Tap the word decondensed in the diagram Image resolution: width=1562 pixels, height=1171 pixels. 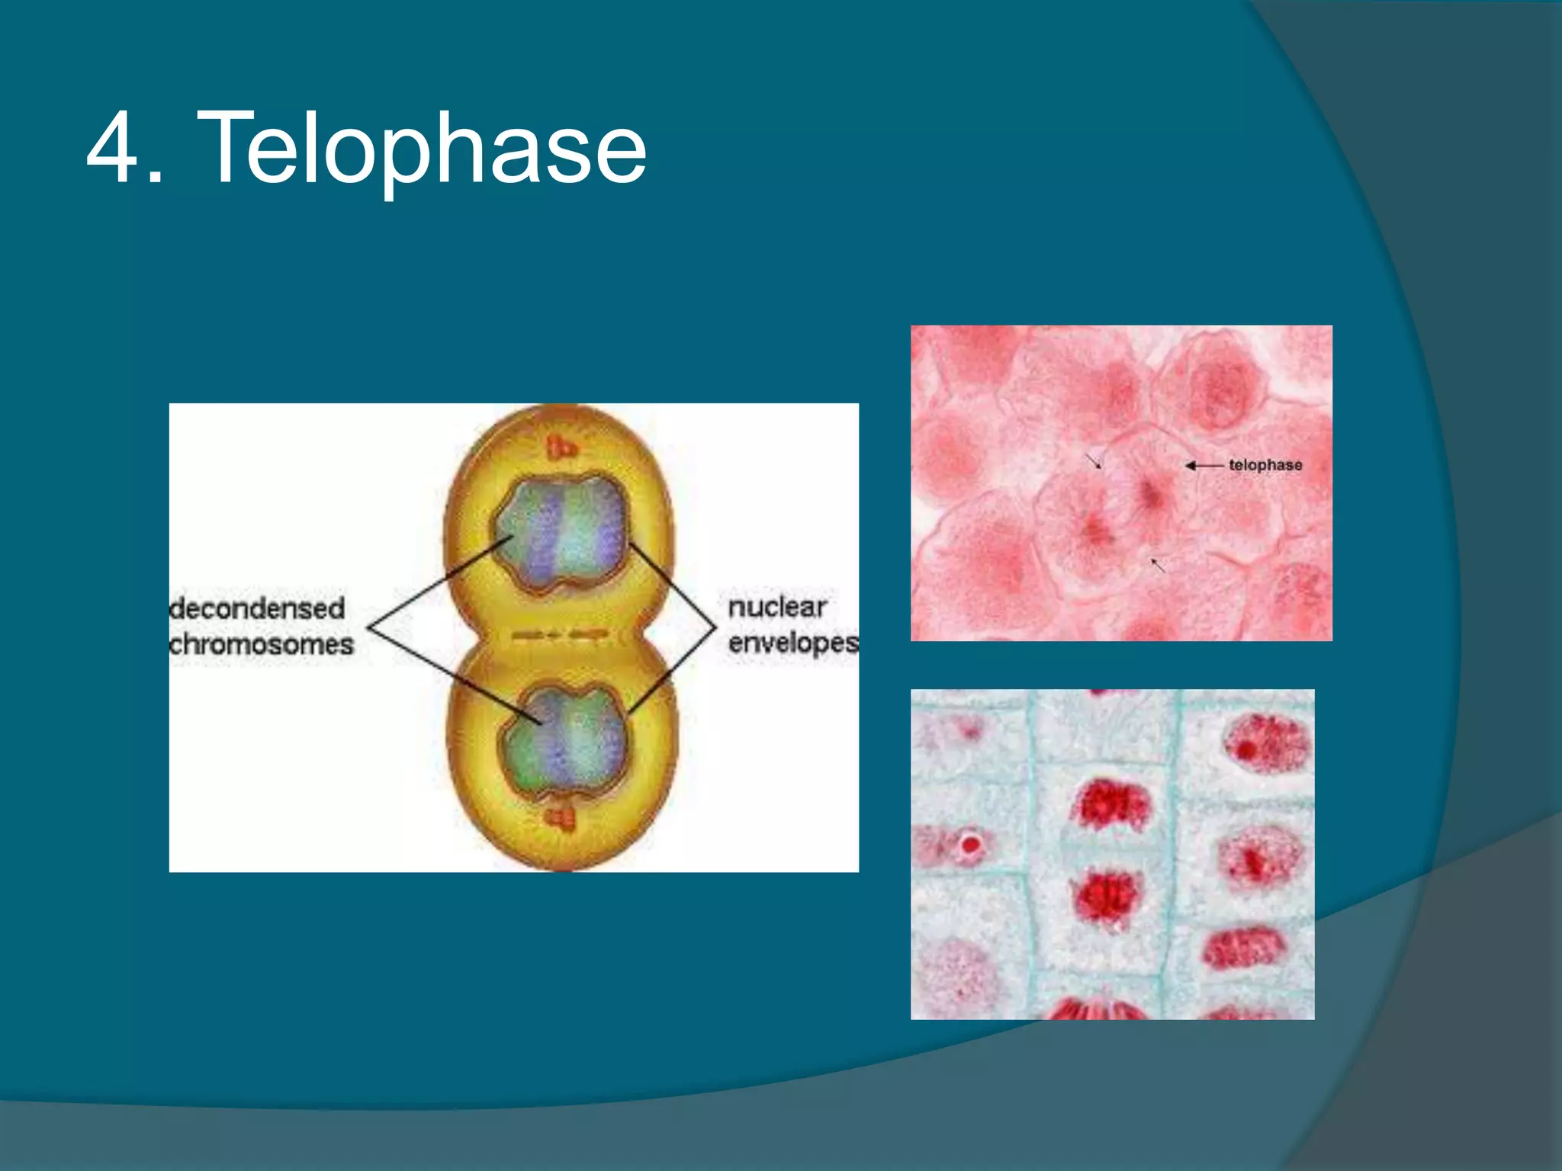257,608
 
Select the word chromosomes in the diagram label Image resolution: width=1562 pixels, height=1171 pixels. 261,645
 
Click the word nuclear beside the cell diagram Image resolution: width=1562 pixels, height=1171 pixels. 776,608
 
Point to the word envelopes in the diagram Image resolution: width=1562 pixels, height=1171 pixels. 792,643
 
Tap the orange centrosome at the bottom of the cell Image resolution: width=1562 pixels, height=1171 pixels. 561,819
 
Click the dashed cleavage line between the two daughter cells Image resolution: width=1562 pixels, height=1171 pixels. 561,634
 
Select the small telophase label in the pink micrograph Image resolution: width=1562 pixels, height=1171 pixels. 1265,465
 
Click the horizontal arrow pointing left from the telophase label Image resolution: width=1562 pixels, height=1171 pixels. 1204,465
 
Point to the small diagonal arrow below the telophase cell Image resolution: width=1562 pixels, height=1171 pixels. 1158,565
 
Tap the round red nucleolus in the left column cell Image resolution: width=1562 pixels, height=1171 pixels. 970,844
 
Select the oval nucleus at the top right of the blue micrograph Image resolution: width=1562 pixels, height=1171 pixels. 1265,743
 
